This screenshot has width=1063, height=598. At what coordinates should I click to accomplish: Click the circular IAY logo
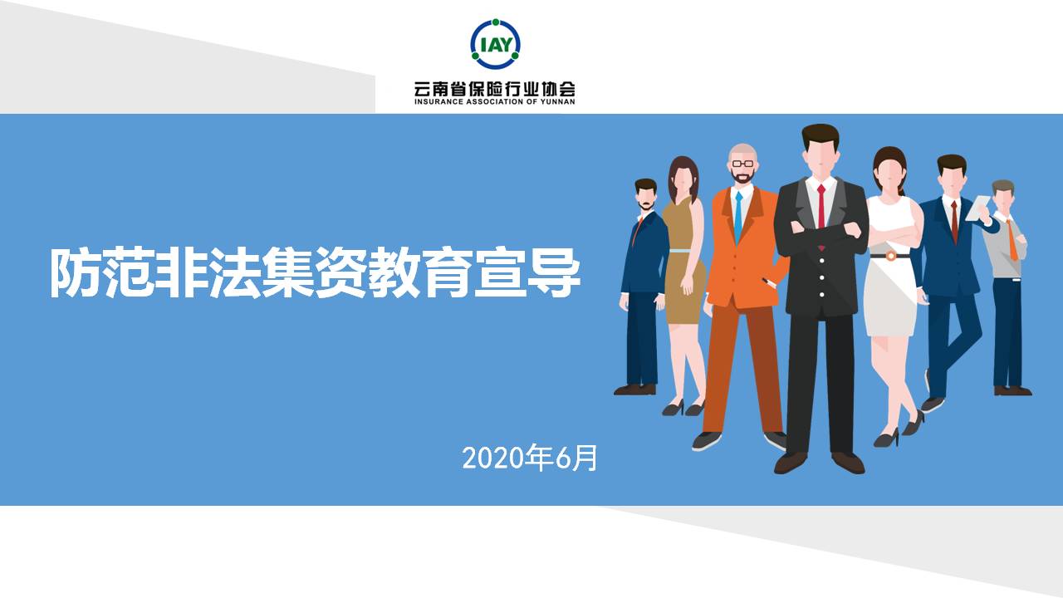click(495, 44)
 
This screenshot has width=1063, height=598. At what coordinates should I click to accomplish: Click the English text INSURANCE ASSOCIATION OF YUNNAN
click(494, 101)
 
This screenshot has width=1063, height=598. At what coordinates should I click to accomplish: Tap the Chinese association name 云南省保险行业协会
click(494, 89)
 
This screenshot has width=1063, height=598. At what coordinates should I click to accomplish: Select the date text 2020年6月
click(530, 458)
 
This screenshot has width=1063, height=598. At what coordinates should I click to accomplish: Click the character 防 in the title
click(76, 273)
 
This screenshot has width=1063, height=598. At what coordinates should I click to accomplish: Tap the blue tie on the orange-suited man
click(738, 217)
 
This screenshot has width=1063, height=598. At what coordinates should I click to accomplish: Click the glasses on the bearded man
click(742, 164)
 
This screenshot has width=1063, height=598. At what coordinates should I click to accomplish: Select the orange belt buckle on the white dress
click(891, 256)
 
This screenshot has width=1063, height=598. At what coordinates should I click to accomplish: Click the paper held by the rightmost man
click(978, 208)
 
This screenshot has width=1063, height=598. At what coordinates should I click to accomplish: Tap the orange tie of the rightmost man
click(1012, 239)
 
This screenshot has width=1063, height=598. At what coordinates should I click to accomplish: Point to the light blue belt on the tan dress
click(680, 251)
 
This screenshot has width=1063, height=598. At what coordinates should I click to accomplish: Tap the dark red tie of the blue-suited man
click(954, 222)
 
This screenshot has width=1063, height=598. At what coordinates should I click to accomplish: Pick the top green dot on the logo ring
click(496, 22)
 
